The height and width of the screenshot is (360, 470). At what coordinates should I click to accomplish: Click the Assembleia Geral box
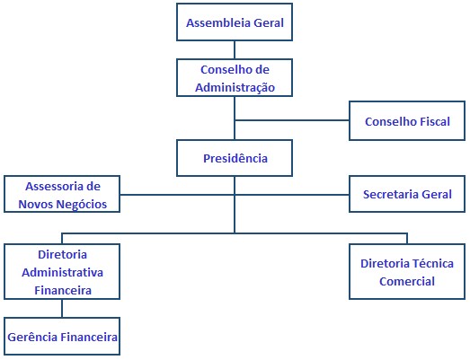point(235,22)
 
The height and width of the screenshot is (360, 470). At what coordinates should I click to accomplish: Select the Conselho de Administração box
point(235,78)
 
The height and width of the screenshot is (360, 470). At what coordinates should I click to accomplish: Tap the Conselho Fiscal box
point(407,120)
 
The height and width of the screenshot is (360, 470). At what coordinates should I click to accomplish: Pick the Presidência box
point(235,158)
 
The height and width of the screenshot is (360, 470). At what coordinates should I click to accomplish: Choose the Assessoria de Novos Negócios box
point(62,194)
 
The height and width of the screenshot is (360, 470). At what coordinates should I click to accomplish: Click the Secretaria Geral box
point(407,194)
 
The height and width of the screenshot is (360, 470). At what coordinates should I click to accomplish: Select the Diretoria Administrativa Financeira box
point(62,272)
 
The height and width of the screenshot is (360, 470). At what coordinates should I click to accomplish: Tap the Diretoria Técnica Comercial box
point(407,272)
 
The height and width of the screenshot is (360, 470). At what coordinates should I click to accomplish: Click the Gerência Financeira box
point(62,337)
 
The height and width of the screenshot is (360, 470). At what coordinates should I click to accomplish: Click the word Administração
point(235,88)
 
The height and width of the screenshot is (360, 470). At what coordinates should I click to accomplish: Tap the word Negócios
point(81,205)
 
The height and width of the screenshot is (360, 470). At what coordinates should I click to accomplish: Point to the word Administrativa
point(62,273)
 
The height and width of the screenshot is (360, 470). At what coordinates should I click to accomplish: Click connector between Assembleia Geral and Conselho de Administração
point(235,49)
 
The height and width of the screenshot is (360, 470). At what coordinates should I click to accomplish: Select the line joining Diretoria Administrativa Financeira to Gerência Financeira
point(62,309)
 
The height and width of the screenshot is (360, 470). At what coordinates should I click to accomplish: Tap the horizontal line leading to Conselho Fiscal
point(292,120)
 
